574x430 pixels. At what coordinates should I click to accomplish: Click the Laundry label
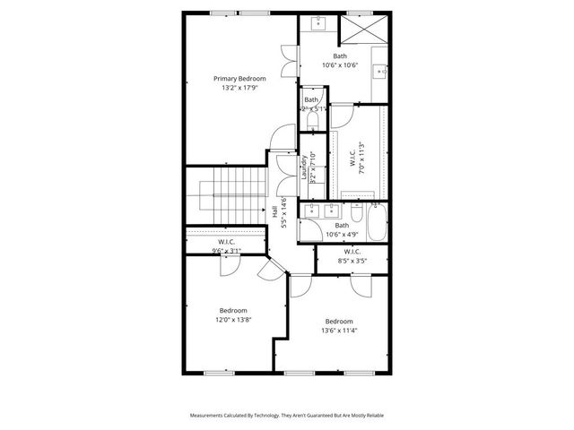click(x=305, y=166)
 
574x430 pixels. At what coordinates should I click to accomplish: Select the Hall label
click(x=274, y=212)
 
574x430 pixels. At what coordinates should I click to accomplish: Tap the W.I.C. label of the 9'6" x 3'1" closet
click(x=226, y=242)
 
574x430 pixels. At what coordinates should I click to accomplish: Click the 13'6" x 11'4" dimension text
click(x=339, y=331)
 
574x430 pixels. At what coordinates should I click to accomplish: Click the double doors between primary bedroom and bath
click(x=288, y=63)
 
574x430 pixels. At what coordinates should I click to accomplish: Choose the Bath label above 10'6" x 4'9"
click(x=342, y=225)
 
